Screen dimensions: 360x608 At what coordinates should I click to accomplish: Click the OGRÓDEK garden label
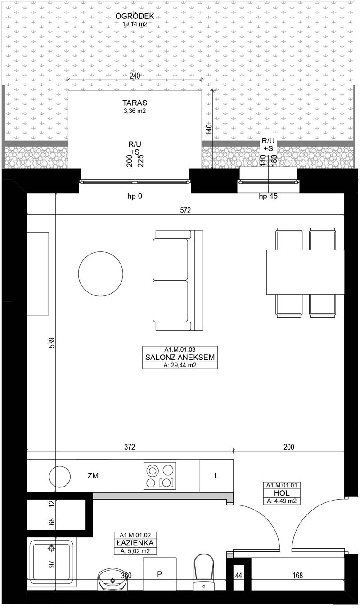pos(135,16)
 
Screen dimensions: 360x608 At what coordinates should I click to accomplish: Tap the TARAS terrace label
pos(135,103)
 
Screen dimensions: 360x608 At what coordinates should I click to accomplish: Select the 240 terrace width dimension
pos(135,76)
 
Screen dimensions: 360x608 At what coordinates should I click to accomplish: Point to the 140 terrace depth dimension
pos(209,130)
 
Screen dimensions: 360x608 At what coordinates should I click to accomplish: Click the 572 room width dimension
pos(185,210)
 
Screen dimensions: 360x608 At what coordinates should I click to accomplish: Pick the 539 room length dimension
pos(52,343)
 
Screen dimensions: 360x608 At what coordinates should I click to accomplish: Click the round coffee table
pos(100,274)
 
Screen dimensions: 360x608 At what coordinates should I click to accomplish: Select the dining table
pos(306,272)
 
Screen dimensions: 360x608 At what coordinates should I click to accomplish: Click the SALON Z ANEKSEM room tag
pos(180,357)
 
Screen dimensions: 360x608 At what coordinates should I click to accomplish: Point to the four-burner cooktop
pos(160,476)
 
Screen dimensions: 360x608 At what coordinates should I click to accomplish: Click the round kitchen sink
pos(60,477)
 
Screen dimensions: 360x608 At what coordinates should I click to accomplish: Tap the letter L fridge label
pos(216,475)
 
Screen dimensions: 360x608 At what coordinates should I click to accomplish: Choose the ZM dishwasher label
pos(93,475)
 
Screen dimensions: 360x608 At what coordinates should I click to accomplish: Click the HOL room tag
pos(282,493)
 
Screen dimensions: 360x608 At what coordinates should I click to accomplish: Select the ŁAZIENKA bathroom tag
pos(135,543)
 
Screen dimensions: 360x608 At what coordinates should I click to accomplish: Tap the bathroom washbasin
pos(112,579)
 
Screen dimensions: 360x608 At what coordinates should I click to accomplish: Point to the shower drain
pos(51,549)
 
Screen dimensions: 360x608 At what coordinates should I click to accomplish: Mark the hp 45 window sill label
pos(268,196)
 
